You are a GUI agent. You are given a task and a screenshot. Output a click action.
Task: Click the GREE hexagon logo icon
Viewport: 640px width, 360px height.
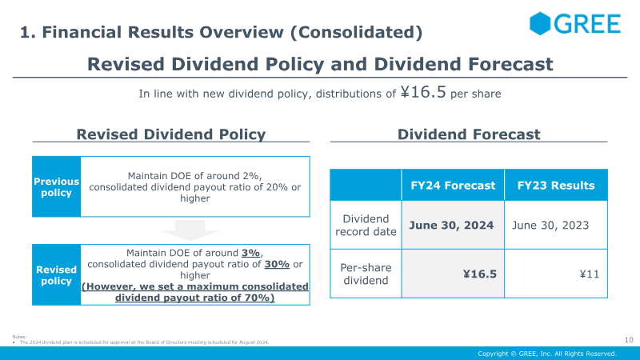coord(540,23)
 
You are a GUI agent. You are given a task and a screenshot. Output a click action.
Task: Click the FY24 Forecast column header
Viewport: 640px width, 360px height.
coord(453,186)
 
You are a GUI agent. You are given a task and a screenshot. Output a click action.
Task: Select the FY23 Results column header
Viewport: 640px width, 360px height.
coord(556,186)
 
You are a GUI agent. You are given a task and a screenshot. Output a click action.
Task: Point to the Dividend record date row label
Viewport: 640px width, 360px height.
coord(366,225)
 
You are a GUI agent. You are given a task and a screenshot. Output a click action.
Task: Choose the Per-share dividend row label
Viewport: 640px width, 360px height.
coord(366,274)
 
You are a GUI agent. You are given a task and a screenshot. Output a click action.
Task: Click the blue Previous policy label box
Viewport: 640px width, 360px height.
coord(56,186)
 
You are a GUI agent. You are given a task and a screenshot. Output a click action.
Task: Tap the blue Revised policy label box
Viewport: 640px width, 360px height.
coord(56,274)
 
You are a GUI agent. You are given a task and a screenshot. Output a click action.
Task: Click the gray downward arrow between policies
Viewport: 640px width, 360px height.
coord(190,230)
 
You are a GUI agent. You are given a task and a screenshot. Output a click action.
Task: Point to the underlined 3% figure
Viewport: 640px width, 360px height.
coord(250,253)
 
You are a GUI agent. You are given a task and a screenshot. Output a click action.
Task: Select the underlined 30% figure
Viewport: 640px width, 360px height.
coord(277,264)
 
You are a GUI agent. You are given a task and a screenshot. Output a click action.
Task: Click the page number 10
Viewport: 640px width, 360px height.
coord(629,339)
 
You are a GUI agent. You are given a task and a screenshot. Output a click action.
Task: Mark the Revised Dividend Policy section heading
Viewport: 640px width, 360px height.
coord(171,134)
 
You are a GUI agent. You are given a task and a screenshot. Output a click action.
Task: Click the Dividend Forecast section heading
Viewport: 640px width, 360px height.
coord(469,134)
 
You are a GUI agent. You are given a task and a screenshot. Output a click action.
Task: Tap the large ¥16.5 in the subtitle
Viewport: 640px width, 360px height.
coord(423,92)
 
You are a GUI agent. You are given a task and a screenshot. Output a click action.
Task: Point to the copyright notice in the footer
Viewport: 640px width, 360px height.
coord(547,354)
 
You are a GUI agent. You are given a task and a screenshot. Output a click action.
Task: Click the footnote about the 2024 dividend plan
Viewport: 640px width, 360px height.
coord(144,342)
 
